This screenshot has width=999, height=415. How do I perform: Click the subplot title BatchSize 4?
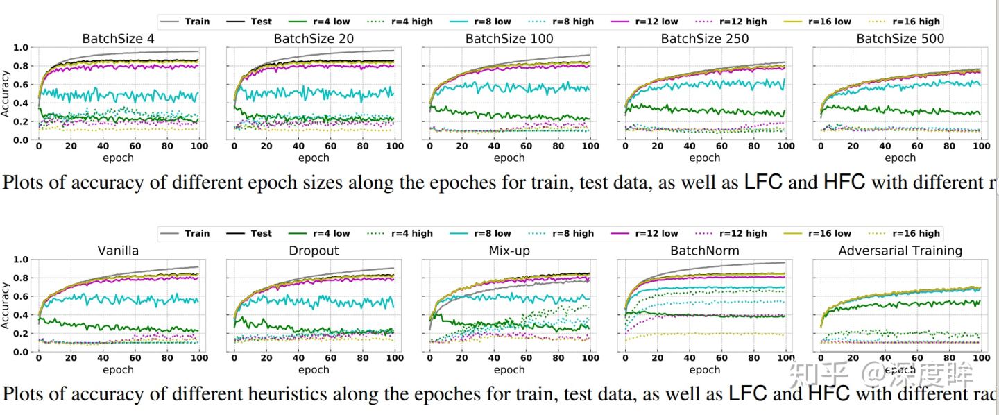point(118,39)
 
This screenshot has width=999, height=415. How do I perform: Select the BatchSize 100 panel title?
point(509,39)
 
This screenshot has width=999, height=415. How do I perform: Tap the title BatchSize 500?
point(900,39)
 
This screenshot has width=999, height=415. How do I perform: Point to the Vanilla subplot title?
point(119,251)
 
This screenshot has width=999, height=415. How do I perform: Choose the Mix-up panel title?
point(509,251)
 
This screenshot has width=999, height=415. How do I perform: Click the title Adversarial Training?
point(900,251)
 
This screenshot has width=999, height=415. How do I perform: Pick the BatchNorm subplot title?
point(705,251)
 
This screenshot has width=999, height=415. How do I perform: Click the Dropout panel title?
point(314,251)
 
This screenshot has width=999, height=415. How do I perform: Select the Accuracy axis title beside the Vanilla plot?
point(6,305)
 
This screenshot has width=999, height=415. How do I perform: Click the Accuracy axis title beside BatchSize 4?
point(6,94)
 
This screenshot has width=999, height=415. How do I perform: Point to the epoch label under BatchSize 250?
point(705,158)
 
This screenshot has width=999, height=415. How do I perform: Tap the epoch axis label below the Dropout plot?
point(314,370)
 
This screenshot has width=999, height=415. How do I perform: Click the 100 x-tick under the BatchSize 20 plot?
point(394,147)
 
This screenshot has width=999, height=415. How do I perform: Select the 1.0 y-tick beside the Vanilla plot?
point(22,260)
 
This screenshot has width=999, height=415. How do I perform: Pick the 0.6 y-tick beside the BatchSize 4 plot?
point(22,85)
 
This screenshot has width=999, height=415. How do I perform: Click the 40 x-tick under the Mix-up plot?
point(494,359)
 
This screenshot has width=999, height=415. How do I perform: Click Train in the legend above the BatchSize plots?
point(197,22)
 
